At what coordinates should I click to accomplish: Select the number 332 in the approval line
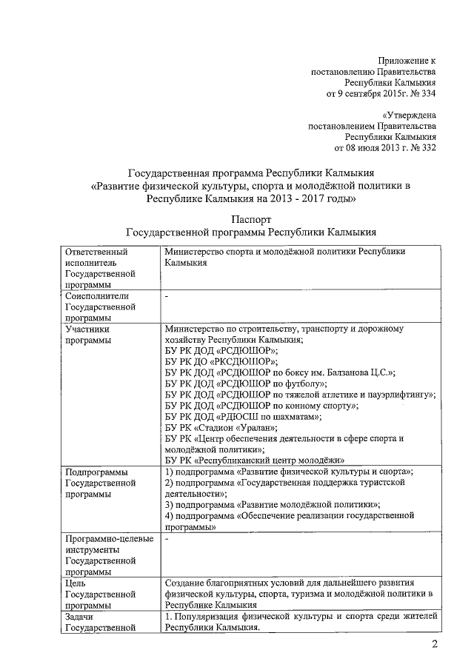428,147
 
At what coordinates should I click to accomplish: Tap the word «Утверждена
409,115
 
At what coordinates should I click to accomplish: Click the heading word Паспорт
251,219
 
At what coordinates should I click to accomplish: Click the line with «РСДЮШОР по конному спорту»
261,406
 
